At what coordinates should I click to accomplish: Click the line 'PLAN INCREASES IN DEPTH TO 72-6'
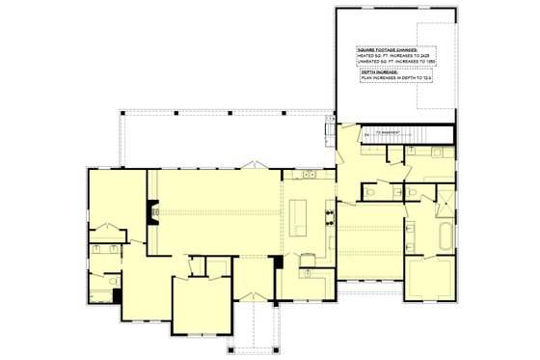click(395, 78)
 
